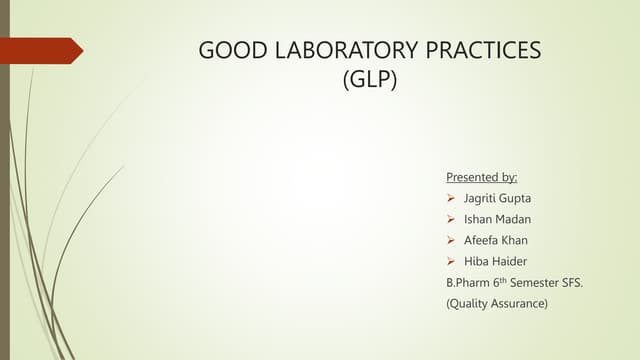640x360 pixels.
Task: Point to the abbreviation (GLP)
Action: (370, 81)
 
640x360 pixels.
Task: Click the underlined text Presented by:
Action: (481, 177)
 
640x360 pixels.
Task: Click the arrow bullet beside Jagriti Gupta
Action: (451, 199)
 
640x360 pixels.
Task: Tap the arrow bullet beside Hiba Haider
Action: (451, 262)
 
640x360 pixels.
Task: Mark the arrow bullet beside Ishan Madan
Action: (451, 220)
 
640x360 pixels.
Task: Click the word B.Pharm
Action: (466, 283)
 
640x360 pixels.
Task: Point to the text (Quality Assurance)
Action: (497, 303)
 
